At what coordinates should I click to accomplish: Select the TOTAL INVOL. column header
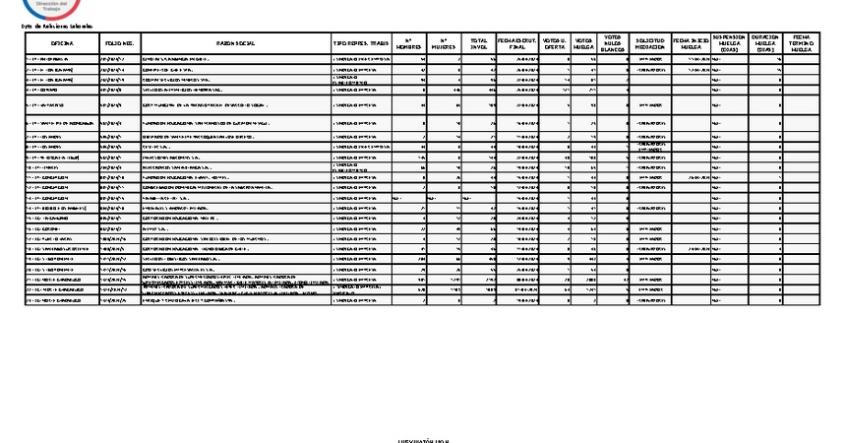coord(480,44)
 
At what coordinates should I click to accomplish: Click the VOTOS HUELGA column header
coord(584,44)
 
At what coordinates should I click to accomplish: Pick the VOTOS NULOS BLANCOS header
coord(614,44)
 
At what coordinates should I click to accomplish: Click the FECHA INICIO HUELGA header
coord(691,44)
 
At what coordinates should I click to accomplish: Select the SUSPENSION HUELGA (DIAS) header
coord(729,44)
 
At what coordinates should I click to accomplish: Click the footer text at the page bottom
coord(423,439)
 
